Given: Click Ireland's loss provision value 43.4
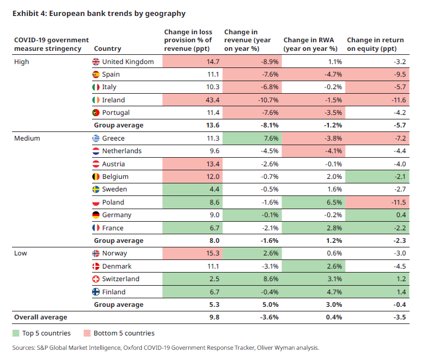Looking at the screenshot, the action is coord(212,100).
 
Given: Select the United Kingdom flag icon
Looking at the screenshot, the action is coord(96,62).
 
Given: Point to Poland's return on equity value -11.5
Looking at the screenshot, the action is coord(399,202).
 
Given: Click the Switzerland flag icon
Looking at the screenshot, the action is coord(96,279).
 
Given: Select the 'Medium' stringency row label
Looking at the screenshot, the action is coord(27,138).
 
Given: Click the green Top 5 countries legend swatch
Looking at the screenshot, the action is coord(16,333).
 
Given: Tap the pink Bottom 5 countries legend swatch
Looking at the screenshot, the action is coord(87,333).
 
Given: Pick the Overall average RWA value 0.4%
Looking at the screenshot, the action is coord(334,317).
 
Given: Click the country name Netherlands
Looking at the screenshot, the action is coord(122,151).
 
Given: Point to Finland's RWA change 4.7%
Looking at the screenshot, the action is coord(334,292).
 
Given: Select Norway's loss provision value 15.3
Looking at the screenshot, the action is coord(213,253).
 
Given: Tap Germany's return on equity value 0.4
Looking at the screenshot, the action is coord(401,215).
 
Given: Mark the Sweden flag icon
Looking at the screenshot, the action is coord(96,189).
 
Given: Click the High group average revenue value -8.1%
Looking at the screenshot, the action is coord(269,125).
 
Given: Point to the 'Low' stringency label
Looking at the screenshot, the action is coord(21,253).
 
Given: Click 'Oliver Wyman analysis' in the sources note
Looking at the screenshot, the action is coord(288,348).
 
